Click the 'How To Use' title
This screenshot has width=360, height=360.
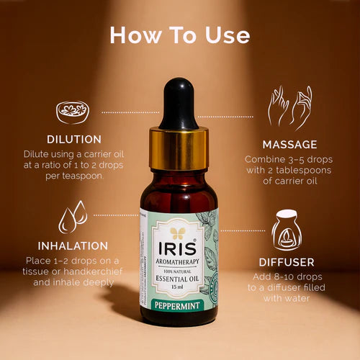[180, 35]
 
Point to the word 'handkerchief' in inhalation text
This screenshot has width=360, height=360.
[89, 271]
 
